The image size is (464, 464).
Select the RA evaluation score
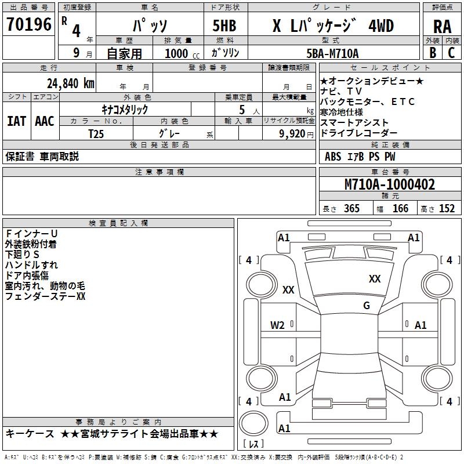[442, 27]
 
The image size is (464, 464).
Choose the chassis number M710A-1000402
[389, 184]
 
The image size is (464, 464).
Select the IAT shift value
[16, 121]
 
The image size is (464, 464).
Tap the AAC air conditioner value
[44, 121]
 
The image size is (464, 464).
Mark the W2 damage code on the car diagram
[277, 325]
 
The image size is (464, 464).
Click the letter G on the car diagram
[367, 306]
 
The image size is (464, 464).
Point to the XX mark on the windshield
[375, 279]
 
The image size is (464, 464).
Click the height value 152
[447, 209]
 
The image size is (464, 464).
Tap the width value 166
[400, 209]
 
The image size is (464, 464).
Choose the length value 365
[351, 209]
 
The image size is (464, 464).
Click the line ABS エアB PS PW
[360, 156]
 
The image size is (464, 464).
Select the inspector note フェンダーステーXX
[45, 296]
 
